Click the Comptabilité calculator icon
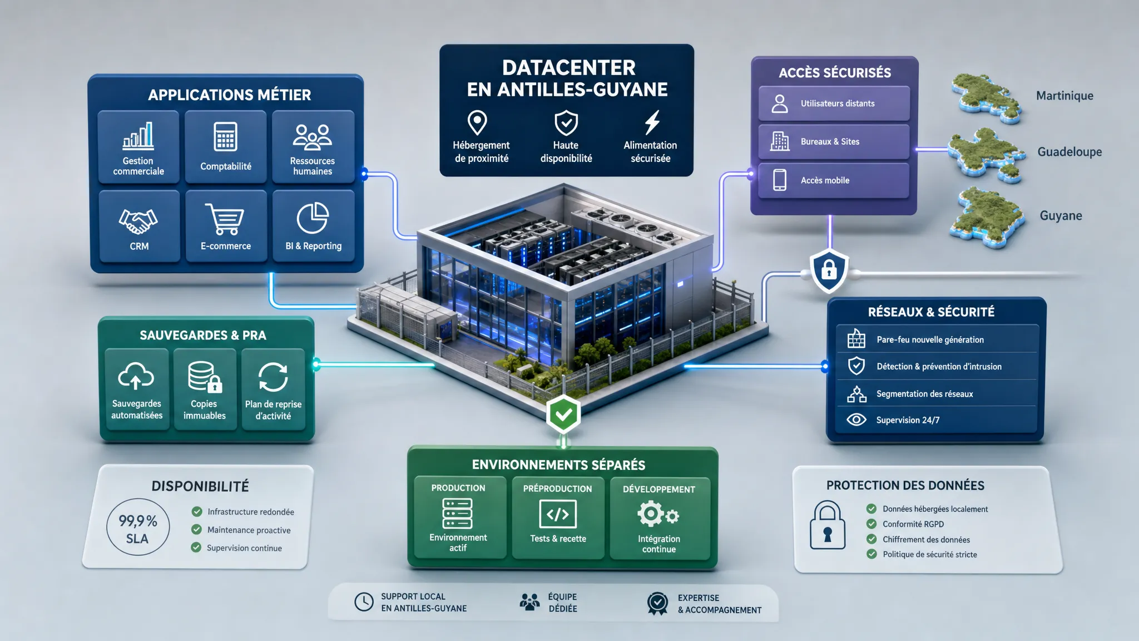coord(225,136)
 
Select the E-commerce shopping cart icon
coord(225,219)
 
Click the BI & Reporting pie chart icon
coord(313,218)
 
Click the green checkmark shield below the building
coord(563,414)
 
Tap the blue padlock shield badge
coord(829,270)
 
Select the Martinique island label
coord(1064,96)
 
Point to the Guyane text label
coord(1061,215)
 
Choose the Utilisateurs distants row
coord(834,103)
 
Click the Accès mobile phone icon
coord(780,180)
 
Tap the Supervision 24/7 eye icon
coord(856,420)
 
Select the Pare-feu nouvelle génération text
coord(930,339)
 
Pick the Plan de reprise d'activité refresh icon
coord(273,377)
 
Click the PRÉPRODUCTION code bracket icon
coord(558,514)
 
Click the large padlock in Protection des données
coord(828,525)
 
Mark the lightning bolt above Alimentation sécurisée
coord(652,122)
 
